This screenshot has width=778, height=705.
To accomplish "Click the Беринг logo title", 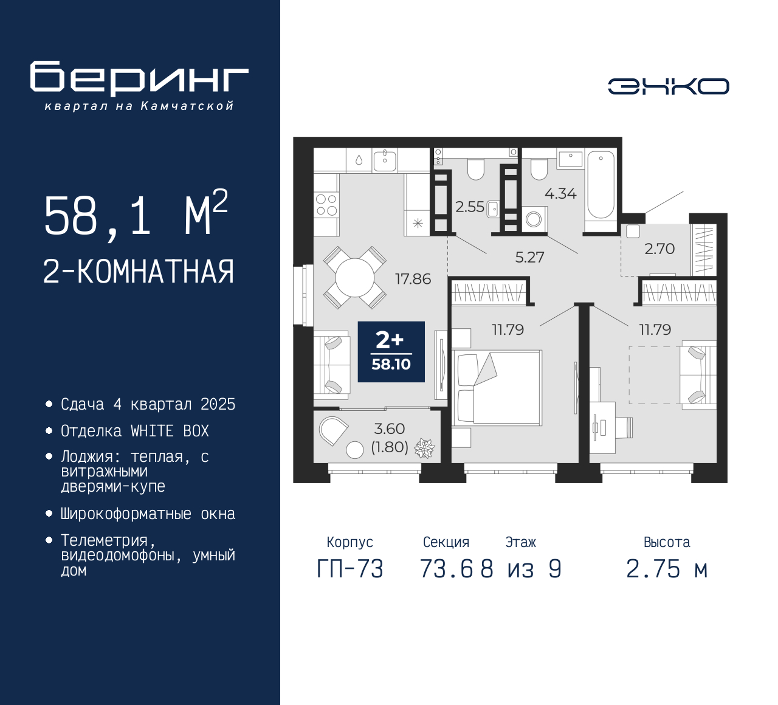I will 139,78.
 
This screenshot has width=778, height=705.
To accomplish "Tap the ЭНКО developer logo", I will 668,86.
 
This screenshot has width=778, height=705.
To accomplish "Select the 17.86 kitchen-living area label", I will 413,279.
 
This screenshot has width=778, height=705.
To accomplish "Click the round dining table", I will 354,278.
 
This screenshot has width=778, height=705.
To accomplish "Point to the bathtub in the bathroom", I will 601,185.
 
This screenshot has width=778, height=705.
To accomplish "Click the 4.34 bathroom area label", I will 560,194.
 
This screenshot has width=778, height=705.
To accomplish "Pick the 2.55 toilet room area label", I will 470,207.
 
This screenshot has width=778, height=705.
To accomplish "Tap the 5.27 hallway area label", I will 529,258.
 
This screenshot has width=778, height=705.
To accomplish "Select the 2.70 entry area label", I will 659,249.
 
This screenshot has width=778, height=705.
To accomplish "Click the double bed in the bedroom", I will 498,387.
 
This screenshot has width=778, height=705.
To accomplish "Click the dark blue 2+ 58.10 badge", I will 391,352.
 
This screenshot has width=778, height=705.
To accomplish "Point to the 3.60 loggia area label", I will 390,429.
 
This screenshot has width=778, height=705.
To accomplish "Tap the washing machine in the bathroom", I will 534,219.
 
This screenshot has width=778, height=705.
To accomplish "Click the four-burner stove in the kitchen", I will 326,205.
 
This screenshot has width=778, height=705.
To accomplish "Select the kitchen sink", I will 385,160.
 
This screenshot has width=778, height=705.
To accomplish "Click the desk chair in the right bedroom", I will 624,427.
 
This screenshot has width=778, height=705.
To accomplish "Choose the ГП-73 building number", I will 350,569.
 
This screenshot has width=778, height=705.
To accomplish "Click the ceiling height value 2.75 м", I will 667,569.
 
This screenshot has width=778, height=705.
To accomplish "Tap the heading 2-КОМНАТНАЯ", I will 139,272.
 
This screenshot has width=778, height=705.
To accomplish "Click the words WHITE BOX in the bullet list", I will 170,431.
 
